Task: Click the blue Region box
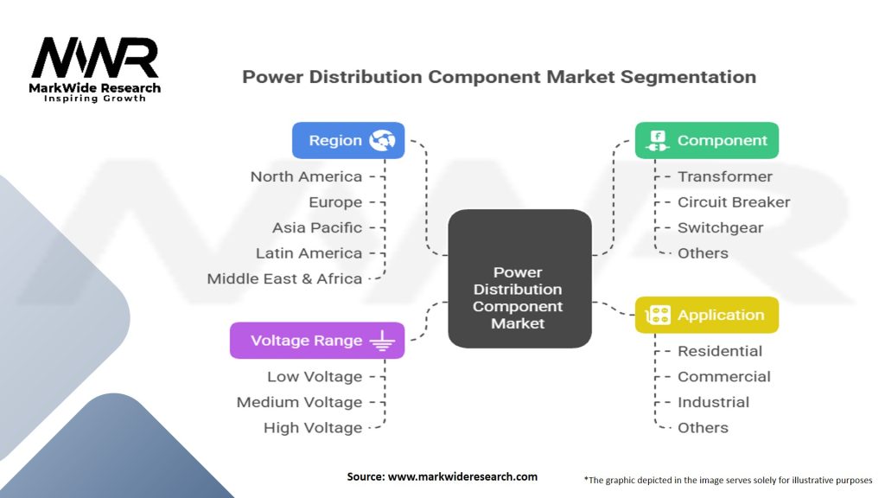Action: [348, 140]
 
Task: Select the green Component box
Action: [707, 140]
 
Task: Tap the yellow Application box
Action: [707, 315]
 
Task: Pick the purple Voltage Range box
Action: [317, 341]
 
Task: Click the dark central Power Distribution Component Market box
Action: [519, 278]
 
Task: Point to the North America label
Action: [306, 176]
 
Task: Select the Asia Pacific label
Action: [317, 227]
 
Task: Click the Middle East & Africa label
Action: [284, 278]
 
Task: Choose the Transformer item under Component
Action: [725, 176]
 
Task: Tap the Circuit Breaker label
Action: [734, 202]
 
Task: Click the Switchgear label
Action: [720, 227]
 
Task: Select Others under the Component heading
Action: [703, 253]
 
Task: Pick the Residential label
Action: [720, 351]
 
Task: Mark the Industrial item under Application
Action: [713, 402]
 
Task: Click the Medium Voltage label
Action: [299, 402]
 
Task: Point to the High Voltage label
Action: [313, 428]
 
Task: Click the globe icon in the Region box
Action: [382, 140]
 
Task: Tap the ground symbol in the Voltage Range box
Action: [382, 341]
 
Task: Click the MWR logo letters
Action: [95, 58]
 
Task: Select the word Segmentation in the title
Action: [688, 77]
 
